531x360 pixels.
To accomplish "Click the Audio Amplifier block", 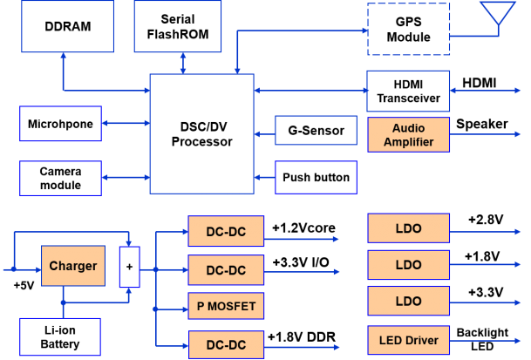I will click(x=408, y=135).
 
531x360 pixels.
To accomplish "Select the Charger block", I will click(x=72, y=266).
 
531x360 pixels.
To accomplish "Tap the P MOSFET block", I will click(x=226, y=307).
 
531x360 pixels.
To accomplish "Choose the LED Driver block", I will click(x=408, y=339).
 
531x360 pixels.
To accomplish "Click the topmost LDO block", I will click(x=408, y=228).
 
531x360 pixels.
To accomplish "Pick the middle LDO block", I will click(x=408, y=265).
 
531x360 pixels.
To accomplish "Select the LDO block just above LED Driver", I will click(x=408, y=301).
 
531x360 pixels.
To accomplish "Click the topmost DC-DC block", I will click(x=226, y=232).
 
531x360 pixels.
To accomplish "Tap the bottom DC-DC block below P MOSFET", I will click(x=226, y=345).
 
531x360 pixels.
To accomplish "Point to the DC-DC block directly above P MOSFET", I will click(x=226, y=270).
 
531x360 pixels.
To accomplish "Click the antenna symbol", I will click(x=498, y=15).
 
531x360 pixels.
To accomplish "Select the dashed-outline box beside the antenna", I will click(x=408, y=30).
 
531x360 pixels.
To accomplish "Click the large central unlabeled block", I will click(x=201, y=133).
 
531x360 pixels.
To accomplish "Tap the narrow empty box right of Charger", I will click(x=129, y=267).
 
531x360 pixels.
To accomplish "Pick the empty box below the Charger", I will click(x=60, y=336).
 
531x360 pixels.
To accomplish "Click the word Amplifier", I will click(x=408, y=142).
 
